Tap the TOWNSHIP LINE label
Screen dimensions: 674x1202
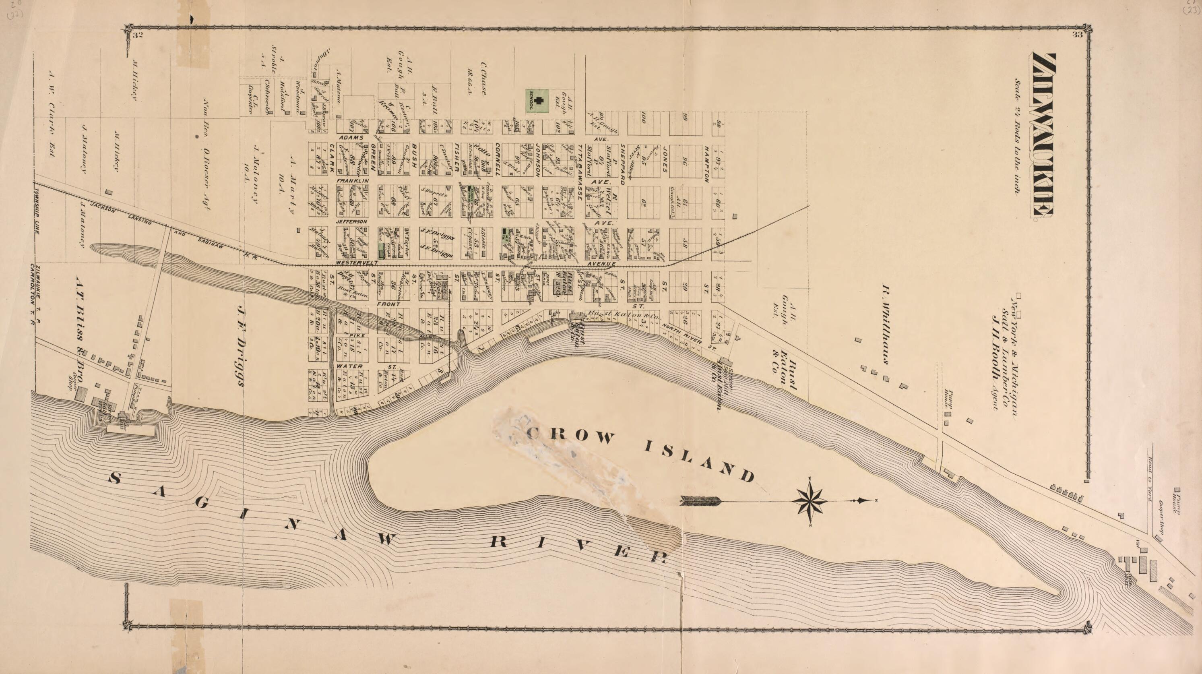37,215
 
